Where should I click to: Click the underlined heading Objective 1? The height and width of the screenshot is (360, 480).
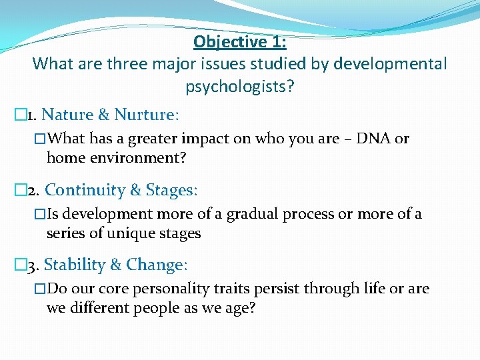[x=239, y=42]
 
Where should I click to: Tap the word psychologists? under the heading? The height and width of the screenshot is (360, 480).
[x=239, y=87]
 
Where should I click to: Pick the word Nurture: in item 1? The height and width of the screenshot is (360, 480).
[x=147, y=115]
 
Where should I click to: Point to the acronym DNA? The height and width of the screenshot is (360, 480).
[x=374, y=139]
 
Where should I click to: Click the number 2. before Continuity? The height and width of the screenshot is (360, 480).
[x=33, y=191]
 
